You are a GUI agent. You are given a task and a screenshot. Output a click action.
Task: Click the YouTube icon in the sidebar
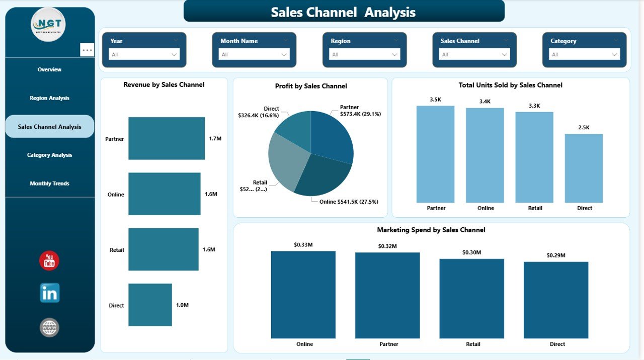pyautogui.click(x=49, y=260)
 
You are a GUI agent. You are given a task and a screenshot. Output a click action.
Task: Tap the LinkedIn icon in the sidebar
pyautogui.click(x=50, y=293)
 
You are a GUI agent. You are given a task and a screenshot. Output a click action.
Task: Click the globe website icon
pyautogui.click(x=49, y=327)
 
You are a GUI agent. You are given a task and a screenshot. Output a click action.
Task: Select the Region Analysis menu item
pyautogui.click(x=49, y=98)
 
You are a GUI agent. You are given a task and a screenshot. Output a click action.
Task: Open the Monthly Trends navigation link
pyautogui.click(x=49, y=184)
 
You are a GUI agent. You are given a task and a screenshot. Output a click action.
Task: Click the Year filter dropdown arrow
pyautogui.click(x=174, y=54)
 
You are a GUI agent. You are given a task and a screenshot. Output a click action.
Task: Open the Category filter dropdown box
pyautogui.click(x=585, y=54)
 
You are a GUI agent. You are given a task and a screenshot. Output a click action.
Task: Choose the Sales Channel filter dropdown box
pyautogui.click(x=474, y=54)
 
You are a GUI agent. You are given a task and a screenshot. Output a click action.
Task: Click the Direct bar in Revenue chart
pyautogui.click(x=150, y=305)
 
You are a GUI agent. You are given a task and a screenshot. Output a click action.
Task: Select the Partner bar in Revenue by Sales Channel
pyautogui.click(x=167, y=138)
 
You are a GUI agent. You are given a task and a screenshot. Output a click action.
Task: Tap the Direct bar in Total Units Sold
pyautogui.click(x=584, y=168)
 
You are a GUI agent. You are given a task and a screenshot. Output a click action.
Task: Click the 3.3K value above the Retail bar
pyautogui.click(x=534, y=106)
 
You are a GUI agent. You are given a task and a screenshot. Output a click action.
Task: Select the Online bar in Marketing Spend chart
pyautogui.click(x=303, y=295)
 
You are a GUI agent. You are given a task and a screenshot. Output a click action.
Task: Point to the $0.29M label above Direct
pyautogui.click(x=556, y=255)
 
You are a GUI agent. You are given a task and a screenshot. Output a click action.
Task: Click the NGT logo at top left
pyautogui.click(x=48, y=24)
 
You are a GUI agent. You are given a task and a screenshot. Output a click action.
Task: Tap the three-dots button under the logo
pyautogui.click(x=87, y=50)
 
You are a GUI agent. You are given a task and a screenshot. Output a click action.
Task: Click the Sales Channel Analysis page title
pyautogui.click(x=344, y=12)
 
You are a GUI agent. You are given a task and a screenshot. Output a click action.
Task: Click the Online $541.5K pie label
pyautogui.click(x=349, y=202)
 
